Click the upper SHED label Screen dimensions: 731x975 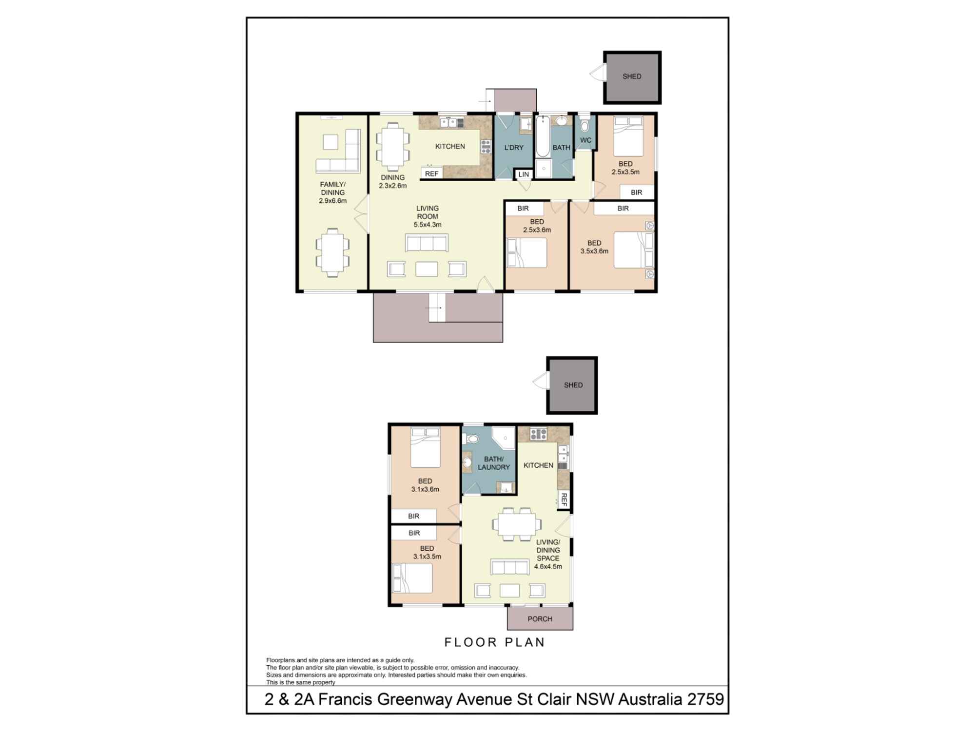click(x=632, y=77)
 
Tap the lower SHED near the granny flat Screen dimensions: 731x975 click(x=573, y=385)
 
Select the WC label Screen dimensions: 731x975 click(x=585, y=140)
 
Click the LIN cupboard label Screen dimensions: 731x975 click(x=524, y=174)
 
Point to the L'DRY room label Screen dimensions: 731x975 click(x=514, y=147)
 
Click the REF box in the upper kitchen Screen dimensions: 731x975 click(x=431, y=173)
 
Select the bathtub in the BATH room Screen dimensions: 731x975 click(x=543, y=136)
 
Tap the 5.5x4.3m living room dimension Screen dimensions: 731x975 click(x=428, y=225)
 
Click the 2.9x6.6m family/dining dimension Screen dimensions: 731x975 click(x=333, y=200)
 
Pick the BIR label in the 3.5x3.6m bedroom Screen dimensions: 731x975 click(x=623, y=209)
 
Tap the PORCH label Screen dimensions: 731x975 click(x=540, y=619)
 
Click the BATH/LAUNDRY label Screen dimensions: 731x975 click(x=493, y=463)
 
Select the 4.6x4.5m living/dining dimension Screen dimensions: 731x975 click(x=548, y=567)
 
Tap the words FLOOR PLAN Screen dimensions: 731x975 click(x=494, y=642)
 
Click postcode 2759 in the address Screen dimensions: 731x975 click(x=705, y=699)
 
